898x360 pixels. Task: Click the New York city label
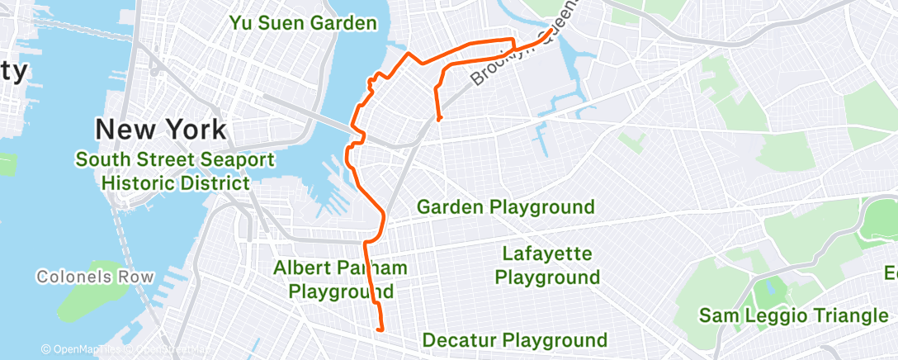pos(160,129)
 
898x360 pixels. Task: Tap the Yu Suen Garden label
pos(303,22)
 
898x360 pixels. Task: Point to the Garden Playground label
pos(505,206)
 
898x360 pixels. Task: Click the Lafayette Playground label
pos(547,265)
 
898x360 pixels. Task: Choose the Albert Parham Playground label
pos(341,279)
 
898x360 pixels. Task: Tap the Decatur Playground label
pos(515,339)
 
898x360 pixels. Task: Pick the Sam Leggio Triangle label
pos(792,315)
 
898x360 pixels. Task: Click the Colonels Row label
pos(96,276)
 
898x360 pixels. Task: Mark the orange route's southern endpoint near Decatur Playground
pos(380,329)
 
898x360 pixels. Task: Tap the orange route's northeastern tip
pos(550,31)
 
